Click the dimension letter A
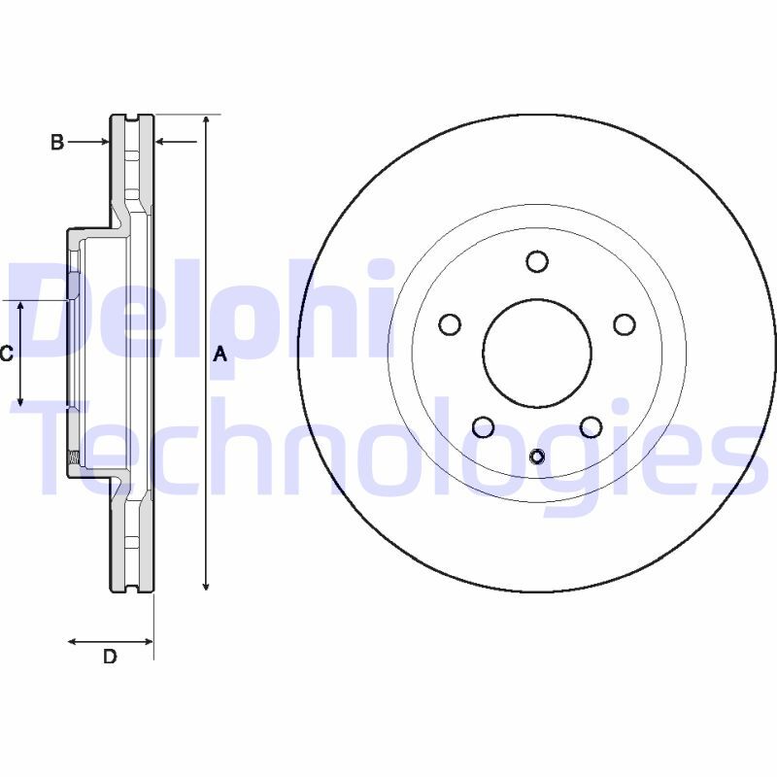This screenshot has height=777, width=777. point(220,355)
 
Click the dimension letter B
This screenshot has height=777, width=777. point(57,143)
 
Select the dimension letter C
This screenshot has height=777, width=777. point(6,354)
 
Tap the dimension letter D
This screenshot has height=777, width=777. point(110,657)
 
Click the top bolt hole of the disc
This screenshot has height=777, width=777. point(537,261)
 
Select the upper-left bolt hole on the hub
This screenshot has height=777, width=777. point(450,324)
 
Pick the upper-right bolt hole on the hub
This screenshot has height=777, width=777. point(625,324)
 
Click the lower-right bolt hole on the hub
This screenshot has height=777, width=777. point(591,426)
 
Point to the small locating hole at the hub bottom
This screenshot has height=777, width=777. point(537,456)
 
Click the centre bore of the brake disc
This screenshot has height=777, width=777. point(537,353)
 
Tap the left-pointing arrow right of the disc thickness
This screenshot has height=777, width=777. point(161,143)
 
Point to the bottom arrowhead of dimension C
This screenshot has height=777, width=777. point(20,399)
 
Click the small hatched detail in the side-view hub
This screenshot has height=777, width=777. point(72,457)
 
